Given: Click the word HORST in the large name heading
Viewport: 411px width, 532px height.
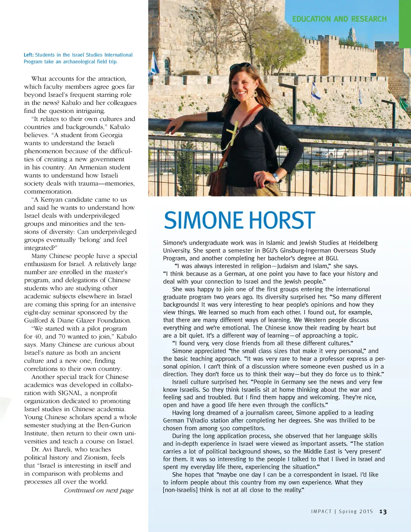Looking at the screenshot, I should [x=282, y=220].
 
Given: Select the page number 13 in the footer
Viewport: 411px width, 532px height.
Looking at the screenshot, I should [x=383, y=512].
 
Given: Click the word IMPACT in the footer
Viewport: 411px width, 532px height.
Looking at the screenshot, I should [x=321, y=512].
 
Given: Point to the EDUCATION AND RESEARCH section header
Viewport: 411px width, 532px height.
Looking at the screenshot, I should [x=339, y=19].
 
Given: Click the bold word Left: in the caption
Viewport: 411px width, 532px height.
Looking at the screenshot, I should [x=28, y=55].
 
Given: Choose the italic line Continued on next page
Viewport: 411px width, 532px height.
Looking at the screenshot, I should [x=99, y=490].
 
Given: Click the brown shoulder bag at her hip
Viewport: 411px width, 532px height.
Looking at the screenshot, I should [x=218, y=181].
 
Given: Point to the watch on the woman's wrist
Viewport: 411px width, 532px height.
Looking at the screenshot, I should [x=276, y=176].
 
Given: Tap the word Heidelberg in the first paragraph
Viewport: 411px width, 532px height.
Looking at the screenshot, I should [x=363, y=243].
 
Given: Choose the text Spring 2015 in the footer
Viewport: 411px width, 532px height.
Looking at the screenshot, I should [x=356, y=512].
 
